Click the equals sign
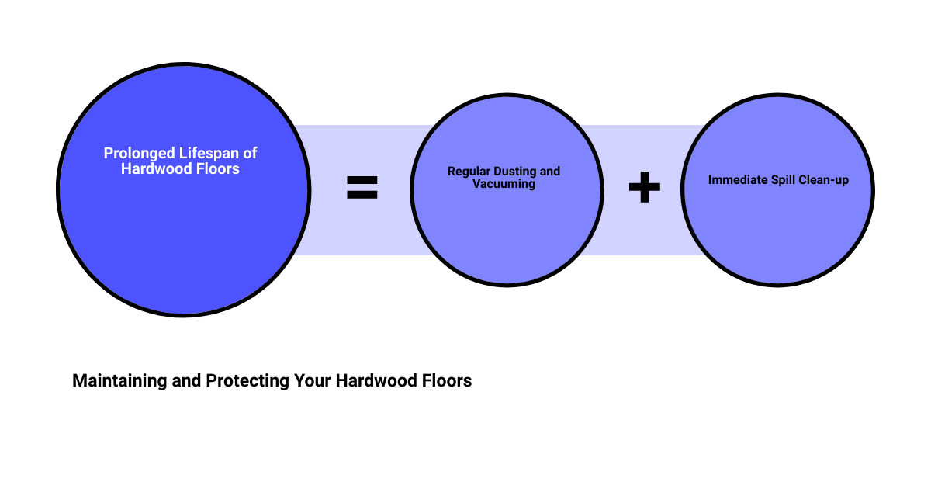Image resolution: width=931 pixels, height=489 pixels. coord(362,187)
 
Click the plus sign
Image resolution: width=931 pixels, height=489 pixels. coord(644,187)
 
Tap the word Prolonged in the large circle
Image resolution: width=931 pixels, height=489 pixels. coord(140,154)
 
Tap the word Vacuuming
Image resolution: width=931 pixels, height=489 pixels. coord(504,184)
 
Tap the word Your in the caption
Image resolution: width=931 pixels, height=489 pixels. coord(313,381)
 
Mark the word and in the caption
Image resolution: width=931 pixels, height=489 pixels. coord(187,381)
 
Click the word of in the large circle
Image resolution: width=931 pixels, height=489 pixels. coord(250,154)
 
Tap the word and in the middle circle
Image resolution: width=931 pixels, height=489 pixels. coord(550,172)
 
